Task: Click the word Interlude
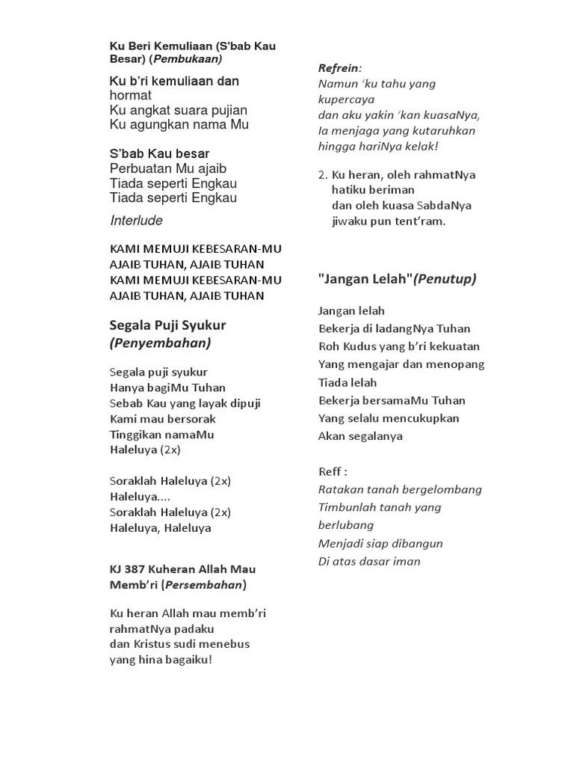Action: tap(136, 221)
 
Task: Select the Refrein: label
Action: tap(339, 68)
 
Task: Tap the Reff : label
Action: tap(333, 471)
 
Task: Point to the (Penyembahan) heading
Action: tap(160, 343)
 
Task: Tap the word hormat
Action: tap(131, 96)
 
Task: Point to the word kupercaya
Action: tap(347, 99)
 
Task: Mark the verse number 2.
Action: tap(321, 175)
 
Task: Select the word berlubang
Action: tap(346, 525)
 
